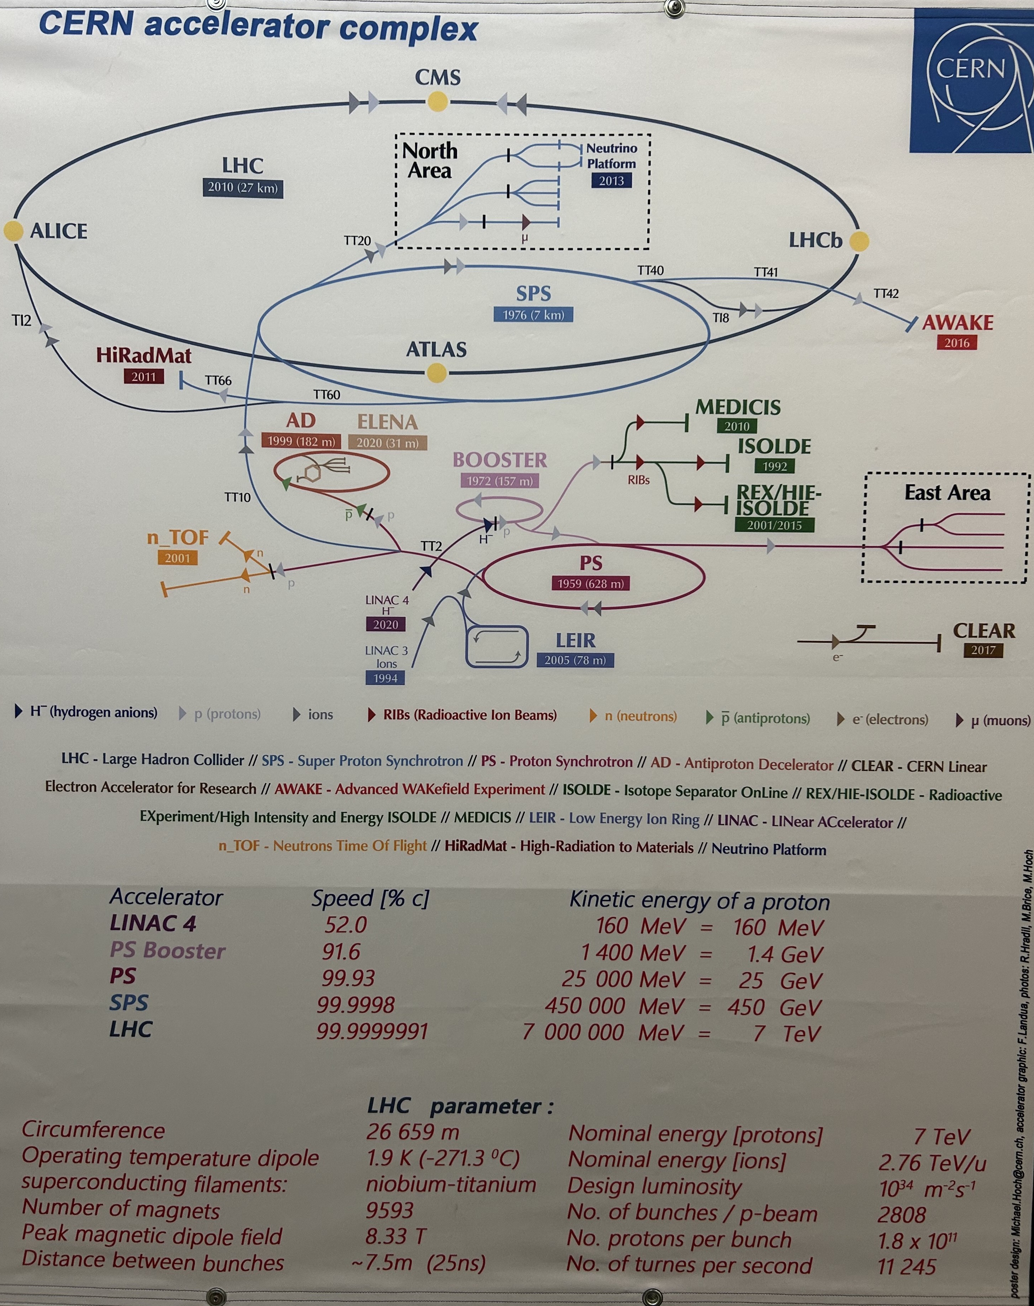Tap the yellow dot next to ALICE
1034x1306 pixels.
point(13,231)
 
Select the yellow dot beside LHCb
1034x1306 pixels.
point(859,241)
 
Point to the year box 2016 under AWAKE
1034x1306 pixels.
point(956,343)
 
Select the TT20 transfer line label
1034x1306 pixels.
point(357,240)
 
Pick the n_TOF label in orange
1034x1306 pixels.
point(178,538)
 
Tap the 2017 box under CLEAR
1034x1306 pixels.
point(983,650)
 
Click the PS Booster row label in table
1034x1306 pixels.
point(168,950)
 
